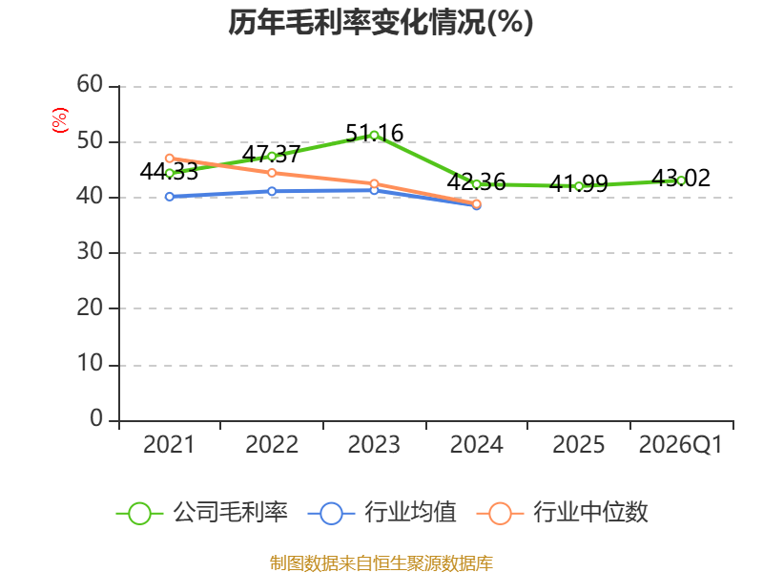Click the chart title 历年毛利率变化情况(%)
(381, 22)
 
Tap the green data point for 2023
(374, 136)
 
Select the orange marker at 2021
(170, 159)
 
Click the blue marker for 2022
(272, 191)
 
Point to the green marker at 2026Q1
(681, 180)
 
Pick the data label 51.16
(374, 133)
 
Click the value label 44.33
(169, 172)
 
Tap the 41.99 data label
(579, 183)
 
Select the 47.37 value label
(271, 154)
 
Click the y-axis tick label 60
(90, 84)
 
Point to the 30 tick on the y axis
(90, 252)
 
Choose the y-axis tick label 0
(96, 418)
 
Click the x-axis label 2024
(476, 444)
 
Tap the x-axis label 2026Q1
(680, 444)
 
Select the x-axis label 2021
(169, 444)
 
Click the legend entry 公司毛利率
(202, 513)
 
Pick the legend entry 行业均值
(382, 513)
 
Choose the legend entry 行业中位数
(562, 513)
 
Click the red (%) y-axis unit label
(60, 120)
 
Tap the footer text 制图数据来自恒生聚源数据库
(381, 563)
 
